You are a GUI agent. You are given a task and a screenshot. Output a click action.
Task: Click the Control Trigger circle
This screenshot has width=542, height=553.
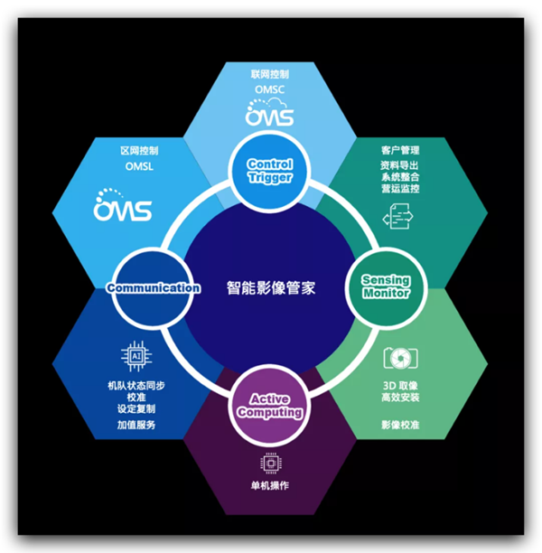(270, 169)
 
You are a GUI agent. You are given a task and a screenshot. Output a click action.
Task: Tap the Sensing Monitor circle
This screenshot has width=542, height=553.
(386, 286)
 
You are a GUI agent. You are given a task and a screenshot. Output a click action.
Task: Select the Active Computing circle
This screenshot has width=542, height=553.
(269, 405)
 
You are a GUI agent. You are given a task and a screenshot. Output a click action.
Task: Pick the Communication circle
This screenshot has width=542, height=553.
(153, 287)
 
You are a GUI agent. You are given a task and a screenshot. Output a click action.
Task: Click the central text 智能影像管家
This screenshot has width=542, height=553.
(270, 287)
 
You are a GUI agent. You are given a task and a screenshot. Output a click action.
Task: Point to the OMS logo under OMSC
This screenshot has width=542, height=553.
(270, 115)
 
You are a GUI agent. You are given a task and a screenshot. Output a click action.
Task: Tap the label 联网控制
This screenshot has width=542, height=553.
(270, 73)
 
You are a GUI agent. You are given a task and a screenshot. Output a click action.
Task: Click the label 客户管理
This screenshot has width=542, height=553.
(399, 149)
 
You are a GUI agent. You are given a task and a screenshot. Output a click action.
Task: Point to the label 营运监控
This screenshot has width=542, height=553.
(399, 191)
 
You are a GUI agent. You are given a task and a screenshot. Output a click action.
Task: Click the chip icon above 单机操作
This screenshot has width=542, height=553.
(269, 463)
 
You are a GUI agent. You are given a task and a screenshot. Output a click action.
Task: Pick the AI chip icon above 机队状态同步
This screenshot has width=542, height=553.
(136, 357)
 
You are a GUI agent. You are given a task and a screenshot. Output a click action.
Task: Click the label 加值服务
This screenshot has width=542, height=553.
(137, 425)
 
